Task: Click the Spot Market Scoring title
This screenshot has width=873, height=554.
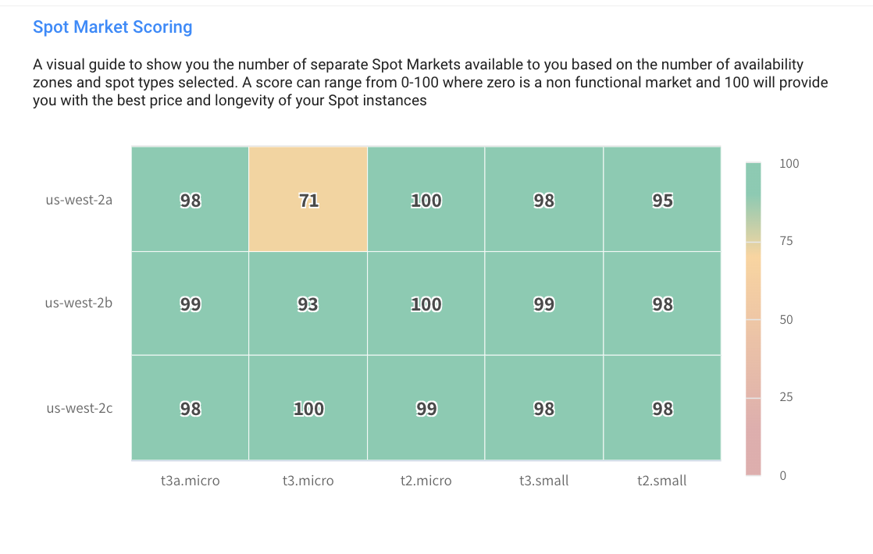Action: (112, 27)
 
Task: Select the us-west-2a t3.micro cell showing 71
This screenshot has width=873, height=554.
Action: (308, 200)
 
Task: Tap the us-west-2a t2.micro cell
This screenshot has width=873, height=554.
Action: (426, 200)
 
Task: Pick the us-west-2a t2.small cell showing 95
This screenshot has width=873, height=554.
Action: (662, 200)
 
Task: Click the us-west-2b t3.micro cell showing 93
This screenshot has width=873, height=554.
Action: (308, 304)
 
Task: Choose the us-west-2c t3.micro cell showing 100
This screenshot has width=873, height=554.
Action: (308, 408)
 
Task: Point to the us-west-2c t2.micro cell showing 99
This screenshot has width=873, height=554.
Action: (426, 408)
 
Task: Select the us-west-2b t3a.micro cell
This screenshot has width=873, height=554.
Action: (191, 304)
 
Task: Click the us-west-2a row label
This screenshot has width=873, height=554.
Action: (79, 200)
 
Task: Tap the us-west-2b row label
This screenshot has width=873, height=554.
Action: (79, 303)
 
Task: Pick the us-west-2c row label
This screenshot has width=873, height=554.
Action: (79, 407)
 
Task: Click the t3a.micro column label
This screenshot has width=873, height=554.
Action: (190, 481)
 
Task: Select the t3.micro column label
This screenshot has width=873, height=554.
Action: (308, 481)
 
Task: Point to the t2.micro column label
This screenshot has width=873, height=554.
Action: (426, 481)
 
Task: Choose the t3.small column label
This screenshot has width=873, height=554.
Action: (543, 481)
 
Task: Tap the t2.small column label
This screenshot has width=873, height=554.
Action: (661, 481)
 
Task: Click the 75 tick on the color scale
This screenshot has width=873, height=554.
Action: (786, 241)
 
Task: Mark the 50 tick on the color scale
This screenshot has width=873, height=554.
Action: (786, 320)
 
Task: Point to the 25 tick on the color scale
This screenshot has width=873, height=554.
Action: (786, 397)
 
